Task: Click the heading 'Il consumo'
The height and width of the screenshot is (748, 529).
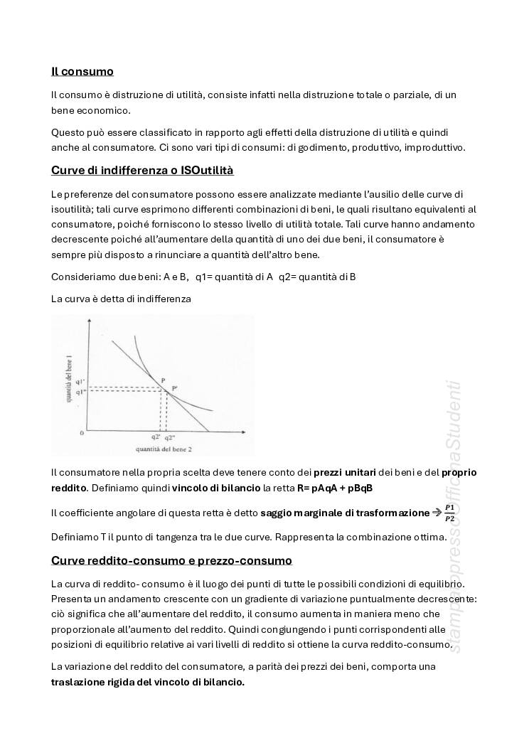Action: click(x=82, y=71)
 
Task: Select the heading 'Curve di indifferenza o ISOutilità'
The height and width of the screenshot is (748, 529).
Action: click(x=142, y=171)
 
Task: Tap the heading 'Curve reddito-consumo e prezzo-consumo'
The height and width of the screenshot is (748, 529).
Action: click(x=171, y=560)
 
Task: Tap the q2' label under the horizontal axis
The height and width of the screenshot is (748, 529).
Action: click(x=156, y=437)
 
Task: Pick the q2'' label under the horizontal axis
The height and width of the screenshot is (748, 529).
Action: click(x=169, y=437)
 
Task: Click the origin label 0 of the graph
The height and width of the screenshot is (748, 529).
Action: click(x=82, y=432)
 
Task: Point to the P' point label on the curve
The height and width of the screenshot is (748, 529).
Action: click(x=174, y=388)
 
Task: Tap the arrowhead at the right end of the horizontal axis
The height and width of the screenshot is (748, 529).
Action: click(x=250, y=431)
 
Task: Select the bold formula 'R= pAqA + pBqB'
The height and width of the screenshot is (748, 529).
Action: click(x=335, y=488)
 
